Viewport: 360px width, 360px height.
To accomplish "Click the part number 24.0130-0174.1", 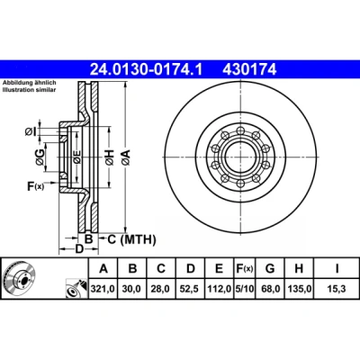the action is (147, 69).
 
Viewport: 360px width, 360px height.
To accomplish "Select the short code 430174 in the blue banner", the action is (249, 69).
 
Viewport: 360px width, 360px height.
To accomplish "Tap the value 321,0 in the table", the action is (103, 289).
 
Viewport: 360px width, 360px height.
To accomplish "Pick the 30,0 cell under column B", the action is (132, 289).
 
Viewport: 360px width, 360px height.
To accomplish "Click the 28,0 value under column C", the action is (161, 289).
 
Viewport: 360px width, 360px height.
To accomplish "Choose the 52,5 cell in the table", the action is (190, 289).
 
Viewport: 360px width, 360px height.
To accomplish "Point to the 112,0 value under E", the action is (219, 289).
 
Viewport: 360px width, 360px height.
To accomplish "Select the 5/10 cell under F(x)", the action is (245, 289).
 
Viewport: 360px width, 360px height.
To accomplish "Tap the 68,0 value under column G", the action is (270, 289).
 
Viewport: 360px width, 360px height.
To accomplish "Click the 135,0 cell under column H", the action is (300, 289).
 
